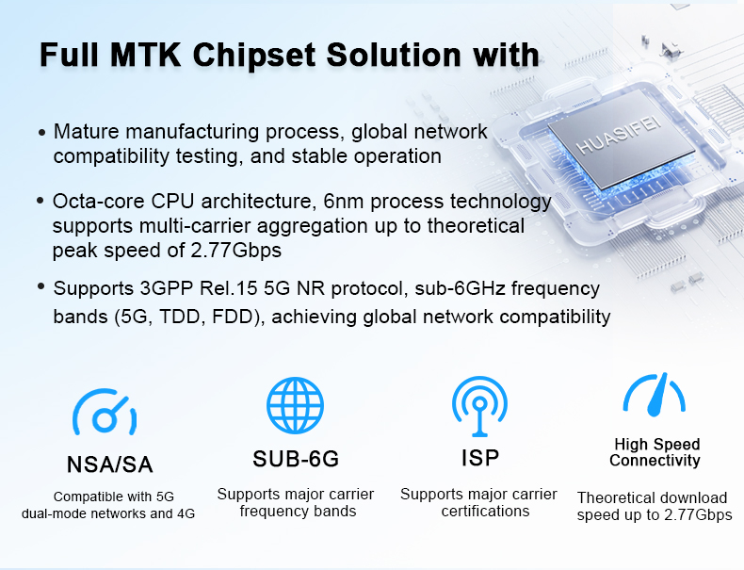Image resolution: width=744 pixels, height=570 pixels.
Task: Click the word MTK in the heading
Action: [x=145, y=55]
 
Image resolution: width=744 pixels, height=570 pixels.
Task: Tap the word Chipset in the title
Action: [x=254, y=56]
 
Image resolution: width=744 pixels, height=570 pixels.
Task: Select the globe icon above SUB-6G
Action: [x=295, y=405]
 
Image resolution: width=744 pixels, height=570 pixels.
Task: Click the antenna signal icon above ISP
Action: [x=479, y=406]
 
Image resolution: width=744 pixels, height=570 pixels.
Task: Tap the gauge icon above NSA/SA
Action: [x=105, y=412]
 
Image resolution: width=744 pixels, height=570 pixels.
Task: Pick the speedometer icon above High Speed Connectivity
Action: [x=655, y=395]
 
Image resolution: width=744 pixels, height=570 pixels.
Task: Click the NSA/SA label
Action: [x=109, y=464]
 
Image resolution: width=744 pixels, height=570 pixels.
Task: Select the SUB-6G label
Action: [x=296, y=459]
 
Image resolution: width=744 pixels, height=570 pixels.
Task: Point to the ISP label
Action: [x=480, y=458]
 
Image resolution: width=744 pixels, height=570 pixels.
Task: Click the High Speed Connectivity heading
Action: [x=655, y=452]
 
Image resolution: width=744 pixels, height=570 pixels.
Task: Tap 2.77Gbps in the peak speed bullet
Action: [x=236, y=250]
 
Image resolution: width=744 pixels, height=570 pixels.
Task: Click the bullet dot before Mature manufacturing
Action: [x=42, y=133]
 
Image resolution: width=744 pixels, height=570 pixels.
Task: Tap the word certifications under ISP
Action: [x=485, y=512]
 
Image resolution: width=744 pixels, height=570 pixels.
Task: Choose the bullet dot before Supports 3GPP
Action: [x=41, y=286]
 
